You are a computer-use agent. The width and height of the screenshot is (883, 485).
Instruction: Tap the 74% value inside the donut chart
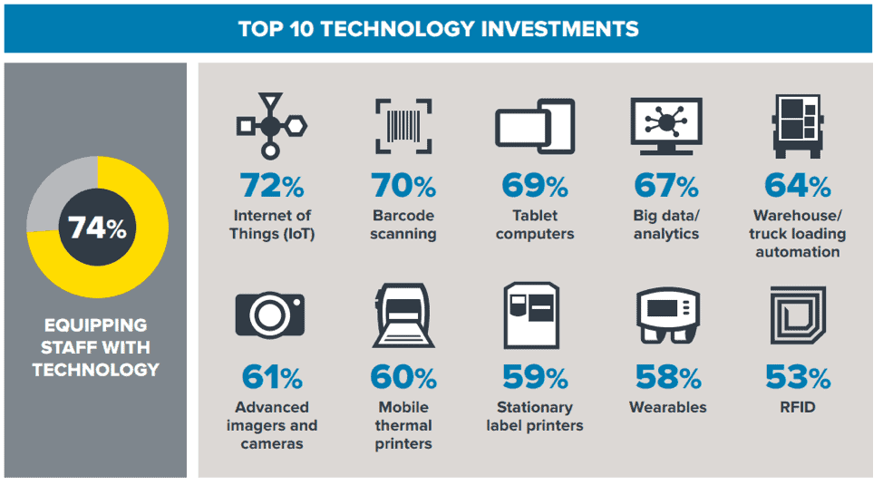[96, 228]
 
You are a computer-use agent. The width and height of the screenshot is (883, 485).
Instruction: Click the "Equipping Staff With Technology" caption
[96, 347]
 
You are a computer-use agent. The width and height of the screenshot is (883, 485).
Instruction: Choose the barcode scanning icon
[403, 125]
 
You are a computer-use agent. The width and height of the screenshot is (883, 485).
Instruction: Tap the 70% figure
[403, 186]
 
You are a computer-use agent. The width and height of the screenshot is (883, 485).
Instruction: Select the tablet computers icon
[535, 125]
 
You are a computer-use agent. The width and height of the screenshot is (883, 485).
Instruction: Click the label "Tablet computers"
[535, 225]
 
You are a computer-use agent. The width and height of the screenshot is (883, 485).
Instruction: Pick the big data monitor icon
[666, 125]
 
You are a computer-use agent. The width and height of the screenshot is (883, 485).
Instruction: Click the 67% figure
[666, 186]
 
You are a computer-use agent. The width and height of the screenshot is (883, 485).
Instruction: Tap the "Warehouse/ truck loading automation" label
[798, 234]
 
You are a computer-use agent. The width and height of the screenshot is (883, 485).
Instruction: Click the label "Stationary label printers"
[535, 416]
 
